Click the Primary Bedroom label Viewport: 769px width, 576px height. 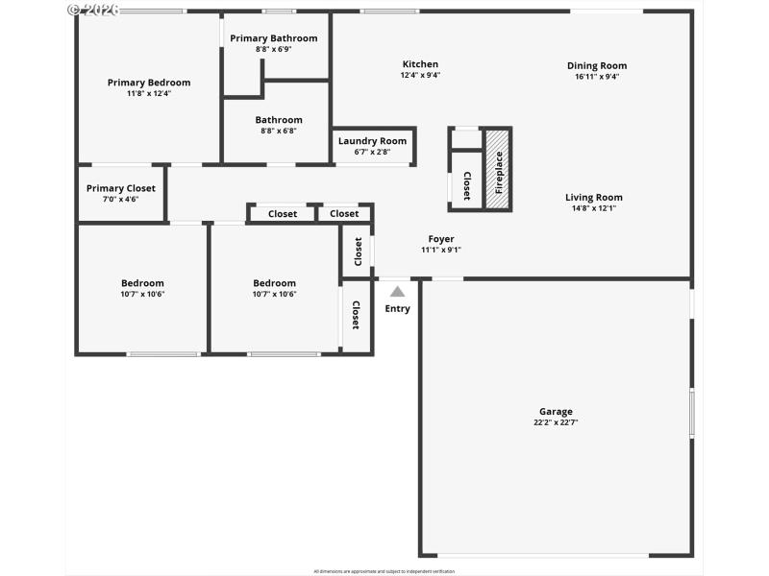149,83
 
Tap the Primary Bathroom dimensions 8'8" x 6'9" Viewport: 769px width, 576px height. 274,49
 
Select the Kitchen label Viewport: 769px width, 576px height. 420,64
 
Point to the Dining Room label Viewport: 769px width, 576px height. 597,65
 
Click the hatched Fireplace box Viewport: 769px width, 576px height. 498,169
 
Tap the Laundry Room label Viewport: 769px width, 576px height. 373,141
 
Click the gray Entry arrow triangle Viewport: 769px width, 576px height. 397,292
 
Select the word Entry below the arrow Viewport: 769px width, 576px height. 397,308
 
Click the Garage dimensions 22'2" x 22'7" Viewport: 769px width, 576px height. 556,422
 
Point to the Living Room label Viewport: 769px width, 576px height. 594,197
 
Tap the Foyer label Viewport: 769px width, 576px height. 441,239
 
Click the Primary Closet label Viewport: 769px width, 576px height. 121,188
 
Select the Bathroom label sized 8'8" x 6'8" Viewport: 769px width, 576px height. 279,120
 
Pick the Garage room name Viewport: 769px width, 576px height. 556,411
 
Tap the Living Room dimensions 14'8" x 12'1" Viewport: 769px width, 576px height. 594,208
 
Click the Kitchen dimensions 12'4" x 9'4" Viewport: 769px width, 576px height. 420,75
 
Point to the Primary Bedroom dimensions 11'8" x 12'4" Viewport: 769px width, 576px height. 149,94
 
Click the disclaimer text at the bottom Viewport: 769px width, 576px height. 384,571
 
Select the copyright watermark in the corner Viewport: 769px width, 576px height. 93,9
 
